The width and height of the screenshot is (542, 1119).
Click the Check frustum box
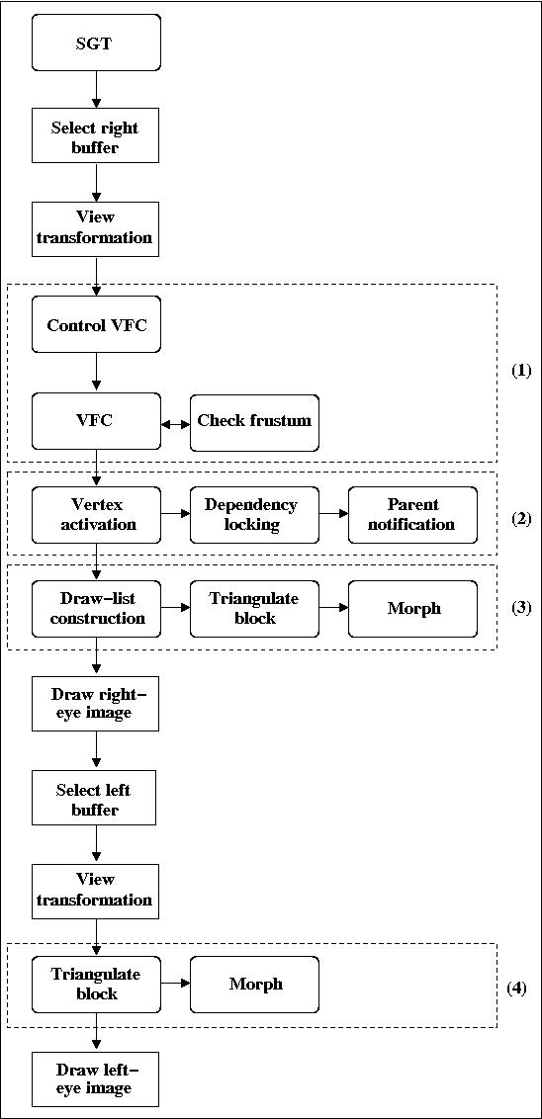[x=255, y=422]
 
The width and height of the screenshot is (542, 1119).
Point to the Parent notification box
[x=412, y=515]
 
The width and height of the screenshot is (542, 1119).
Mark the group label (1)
[x=521, y=371]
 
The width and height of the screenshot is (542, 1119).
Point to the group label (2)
[x=521, y=519]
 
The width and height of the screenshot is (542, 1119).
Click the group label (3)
[x=521, y=608]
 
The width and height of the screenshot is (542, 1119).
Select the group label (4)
[x=516, y=989]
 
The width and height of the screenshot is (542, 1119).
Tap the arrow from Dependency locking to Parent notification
[x=334, y=513]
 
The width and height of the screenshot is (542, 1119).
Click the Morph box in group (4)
[x=255, y=985]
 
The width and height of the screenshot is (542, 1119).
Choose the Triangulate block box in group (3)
[x=255, y=608]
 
